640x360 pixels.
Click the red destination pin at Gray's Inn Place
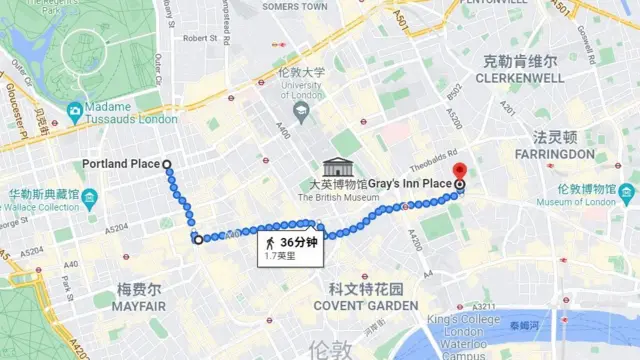tap(459, 172)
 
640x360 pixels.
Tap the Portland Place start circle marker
tap(167, 164)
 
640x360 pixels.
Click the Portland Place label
tap(120, 164)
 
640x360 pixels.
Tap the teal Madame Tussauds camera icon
tap(74, 109)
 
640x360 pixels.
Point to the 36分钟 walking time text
tap(298, 242)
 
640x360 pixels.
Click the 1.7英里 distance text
tap(282, 256)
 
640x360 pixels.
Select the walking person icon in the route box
tap(271, 243)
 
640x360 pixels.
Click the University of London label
tap(301, 91)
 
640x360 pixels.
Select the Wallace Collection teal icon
tap(89, 196)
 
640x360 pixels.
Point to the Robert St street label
tap(200, 38)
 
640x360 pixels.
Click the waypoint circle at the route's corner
tap(198, 239)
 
